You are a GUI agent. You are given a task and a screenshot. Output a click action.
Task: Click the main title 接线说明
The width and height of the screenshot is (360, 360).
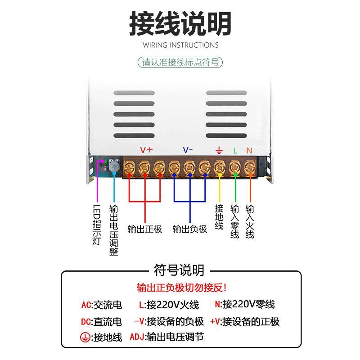click(x=180, y=23)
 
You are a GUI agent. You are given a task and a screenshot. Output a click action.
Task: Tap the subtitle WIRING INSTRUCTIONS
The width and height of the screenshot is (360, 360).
click(x=180, y=45)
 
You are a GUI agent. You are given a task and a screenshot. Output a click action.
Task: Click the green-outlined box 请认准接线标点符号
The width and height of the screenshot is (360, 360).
click(x=180, y=62)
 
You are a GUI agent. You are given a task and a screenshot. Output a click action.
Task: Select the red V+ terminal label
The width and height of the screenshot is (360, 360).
click(x=146, y=150)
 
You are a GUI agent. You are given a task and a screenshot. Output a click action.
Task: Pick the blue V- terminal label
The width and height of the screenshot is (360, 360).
click(x=188, y=150)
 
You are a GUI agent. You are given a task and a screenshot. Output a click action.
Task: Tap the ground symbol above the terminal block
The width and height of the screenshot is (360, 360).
click(x=219, y=150)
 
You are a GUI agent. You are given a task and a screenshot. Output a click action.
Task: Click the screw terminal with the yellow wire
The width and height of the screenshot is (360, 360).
click(x=220, y=167)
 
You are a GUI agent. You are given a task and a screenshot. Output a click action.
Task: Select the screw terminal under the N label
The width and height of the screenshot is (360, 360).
click(x=249, y=167)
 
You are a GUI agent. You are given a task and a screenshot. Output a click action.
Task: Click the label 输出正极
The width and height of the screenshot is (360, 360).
click(x=144, y=229)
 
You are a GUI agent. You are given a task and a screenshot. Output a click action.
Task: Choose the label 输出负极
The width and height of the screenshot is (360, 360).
click(x=189, y=229)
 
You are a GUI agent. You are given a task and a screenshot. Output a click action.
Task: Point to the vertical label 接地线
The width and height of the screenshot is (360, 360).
click(x=219, y=217)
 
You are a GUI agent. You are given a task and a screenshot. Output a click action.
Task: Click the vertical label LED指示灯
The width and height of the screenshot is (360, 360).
click(x=97, y=225)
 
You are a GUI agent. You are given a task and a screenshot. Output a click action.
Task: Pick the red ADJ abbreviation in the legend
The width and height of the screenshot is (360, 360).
click(x=137, y=337)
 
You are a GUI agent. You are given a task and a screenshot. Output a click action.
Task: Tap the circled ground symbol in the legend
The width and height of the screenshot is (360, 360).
click(x=84, y=337)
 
